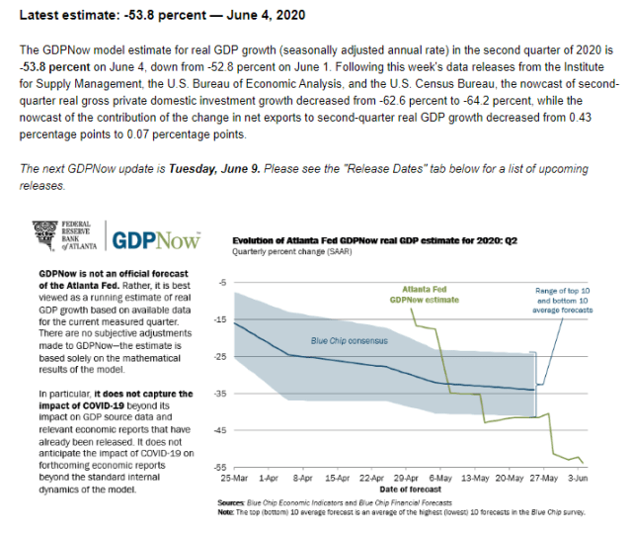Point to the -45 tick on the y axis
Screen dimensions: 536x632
click(223, 430)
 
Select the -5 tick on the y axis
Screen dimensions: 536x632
click(225, 283)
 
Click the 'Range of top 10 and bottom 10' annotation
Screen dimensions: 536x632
click(564, 299)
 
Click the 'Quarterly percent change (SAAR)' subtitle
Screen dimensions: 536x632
click(282, 252)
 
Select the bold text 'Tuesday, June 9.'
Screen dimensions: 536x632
click(214, 167)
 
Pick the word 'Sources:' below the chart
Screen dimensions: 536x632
click(231, 503)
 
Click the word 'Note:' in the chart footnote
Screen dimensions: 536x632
click(227, 512)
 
